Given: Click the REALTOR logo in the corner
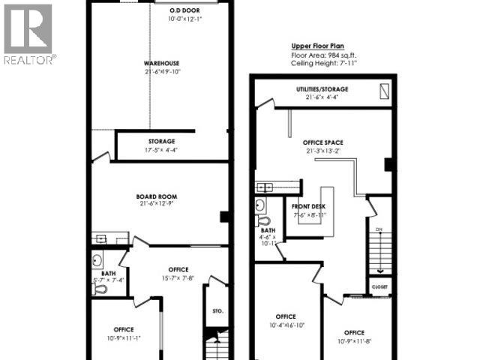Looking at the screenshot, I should click(28, 34).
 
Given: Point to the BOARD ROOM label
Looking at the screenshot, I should click(158, 196).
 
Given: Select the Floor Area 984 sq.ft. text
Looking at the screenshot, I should click(324, 55).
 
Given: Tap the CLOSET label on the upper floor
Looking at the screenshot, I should click(379, 286).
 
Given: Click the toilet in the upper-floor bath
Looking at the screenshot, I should click(262, 220).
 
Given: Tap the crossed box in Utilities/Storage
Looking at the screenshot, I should click(385, 91).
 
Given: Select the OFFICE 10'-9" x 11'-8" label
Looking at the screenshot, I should click(355, 337).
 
